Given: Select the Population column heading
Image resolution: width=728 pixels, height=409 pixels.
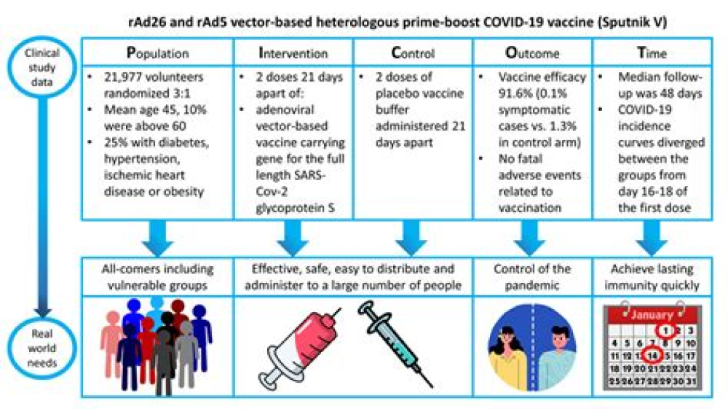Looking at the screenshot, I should (158, 53).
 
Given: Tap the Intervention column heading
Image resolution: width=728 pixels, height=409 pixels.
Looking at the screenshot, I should (293, 53).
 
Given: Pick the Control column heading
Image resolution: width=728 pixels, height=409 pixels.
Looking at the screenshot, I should (413, 53).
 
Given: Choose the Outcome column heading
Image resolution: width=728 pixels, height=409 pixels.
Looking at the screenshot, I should (532, 53).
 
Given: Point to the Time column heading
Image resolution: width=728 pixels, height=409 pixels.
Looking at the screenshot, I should (653, 53).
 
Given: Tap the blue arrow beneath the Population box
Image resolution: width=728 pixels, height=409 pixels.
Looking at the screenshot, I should (157, 235).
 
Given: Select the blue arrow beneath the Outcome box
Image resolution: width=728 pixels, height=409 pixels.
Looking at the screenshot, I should (533, 235).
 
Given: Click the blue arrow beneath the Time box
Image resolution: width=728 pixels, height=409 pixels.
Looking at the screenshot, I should (653, 235).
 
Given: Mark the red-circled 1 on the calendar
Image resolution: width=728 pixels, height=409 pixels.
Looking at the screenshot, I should (662, 328).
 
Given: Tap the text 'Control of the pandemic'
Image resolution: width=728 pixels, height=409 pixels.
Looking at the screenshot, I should (532, 276).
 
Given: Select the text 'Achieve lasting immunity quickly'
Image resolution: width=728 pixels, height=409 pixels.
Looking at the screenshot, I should (653, 276).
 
